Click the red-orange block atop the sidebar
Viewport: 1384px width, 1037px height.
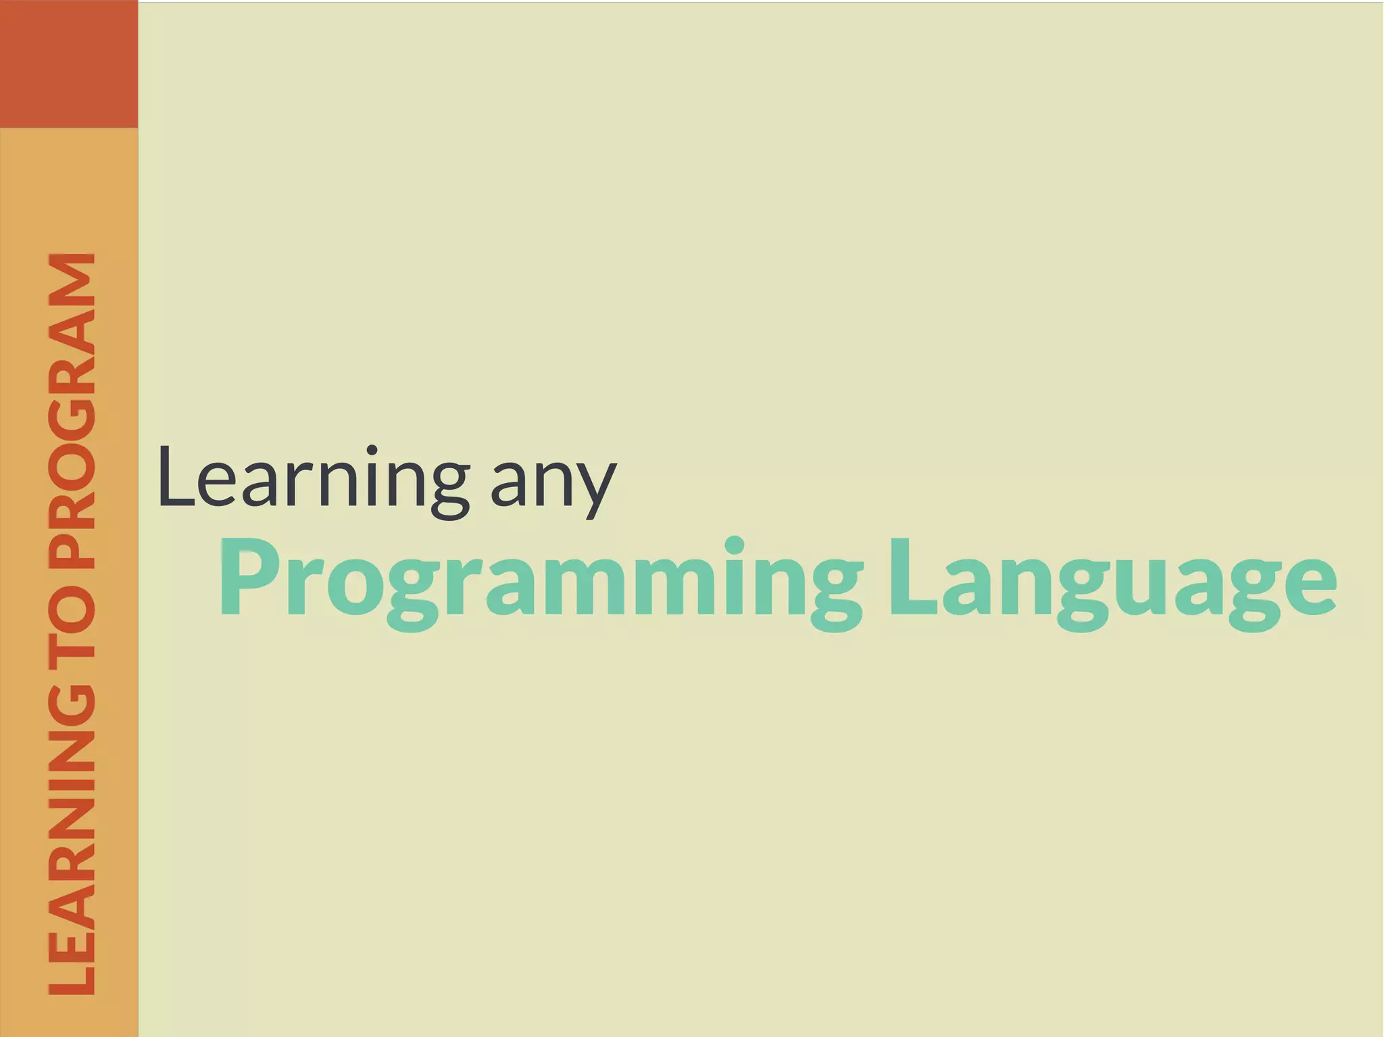click(69, 64)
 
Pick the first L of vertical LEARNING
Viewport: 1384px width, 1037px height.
click(72, 973)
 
